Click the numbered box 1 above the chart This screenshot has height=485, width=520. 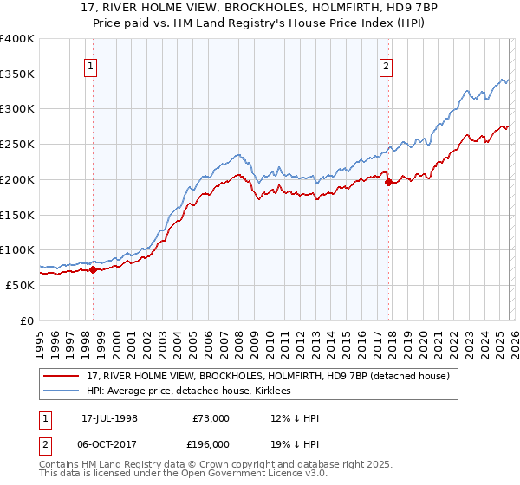91,64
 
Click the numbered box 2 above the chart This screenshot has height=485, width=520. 386,64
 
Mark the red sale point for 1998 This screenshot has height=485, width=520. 94,269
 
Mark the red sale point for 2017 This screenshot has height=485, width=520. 387,182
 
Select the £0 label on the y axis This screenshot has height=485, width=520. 28,320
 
